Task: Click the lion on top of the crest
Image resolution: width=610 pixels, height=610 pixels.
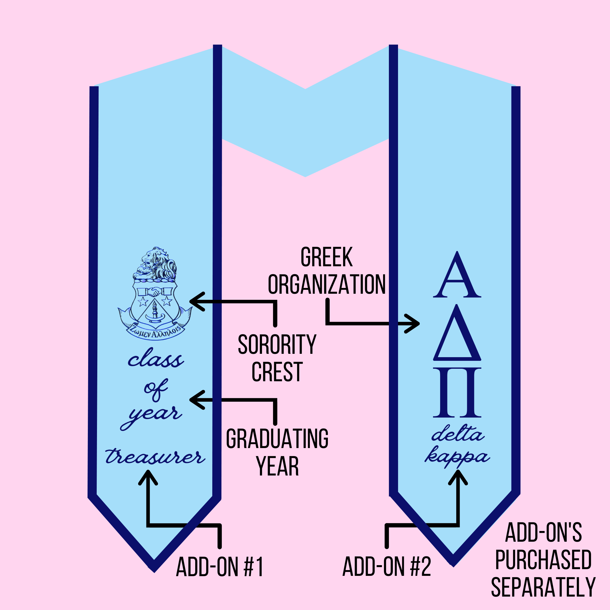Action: (155, 264)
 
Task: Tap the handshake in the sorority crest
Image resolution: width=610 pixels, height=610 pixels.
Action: (154, 291)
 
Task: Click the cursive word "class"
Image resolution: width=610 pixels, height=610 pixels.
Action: (155, 359)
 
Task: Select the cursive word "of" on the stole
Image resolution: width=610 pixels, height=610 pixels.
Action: (155, 389)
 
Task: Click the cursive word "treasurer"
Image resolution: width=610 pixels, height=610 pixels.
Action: (155, 457)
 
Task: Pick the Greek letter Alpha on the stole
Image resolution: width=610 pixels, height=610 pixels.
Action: (457, 276)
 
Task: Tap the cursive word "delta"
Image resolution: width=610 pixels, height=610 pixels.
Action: (457, 434)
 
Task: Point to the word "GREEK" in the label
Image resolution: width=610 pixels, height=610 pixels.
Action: (326, 257)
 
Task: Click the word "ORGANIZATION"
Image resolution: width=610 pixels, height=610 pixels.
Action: (327, 284)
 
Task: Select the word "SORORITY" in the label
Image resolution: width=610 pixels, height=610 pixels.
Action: (277, 344)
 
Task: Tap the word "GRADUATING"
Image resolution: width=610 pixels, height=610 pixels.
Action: (277, 439)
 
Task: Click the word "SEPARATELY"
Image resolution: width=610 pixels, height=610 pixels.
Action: (543, 587)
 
